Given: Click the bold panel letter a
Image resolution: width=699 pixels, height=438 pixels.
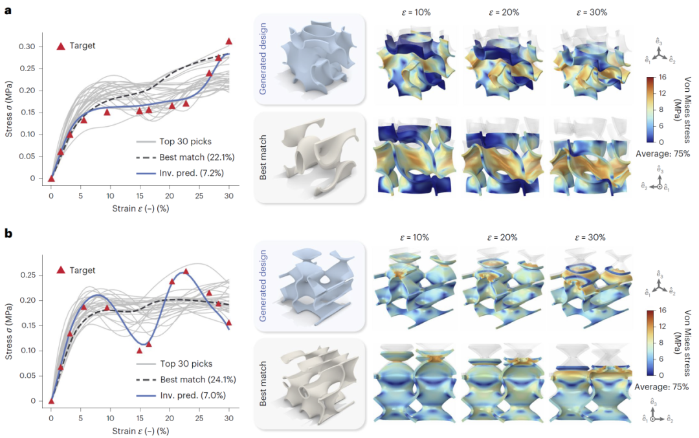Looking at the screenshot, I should tap(8, 12).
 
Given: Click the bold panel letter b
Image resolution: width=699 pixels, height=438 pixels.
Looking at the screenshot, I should tap(8, 234).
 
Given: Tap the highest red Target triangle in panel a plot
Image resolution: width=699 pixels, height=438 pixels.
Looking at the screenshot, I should tap(228, 41).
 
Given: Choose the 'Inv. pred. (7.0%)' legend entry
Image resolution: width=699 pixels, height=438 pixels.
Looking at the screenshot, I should tap(194, 394).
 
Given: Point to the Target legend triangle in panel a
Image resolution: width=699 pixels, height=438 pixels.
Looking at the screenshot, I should tap(61, 46).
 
